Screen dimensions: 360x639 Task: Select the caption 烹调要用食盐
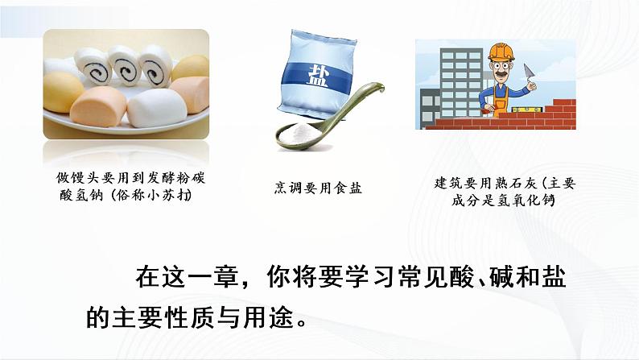pyautogui.click(x=317, y=188)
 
